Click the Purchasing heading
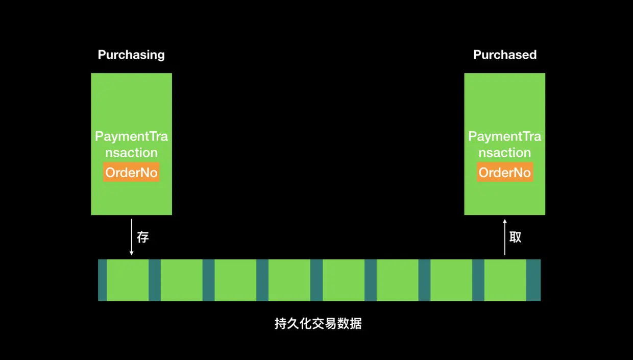pos(131,55)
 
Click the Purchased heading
pos(505,55)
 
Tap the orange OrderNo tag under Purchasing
pos(132,173)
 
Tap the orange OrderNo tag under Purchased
pos(505,173)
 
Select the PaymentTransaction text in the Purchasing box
pos(131,145)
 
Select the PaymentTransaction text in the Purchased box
pos(505,145)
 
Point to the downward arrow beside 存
pos(132,237)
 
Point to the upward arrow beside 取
pos(505,237)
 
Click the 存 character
pos(143,237)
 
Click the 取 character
pos(516,237)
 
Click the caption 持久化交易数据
pos(318,324)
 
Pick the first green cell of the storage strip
pos(128,280)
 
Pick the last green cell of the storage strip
pos(505,280)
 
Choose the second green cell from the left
pos(182,280)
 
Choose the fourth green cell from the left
pos(289,280)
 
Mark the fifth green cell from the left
pos(344,280)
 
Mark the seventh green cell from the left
pos(451,280)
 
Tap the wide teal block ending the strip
pos(533,280)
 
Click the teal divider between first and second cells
pos(155,280)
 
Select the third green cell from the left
pos(235,280)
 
